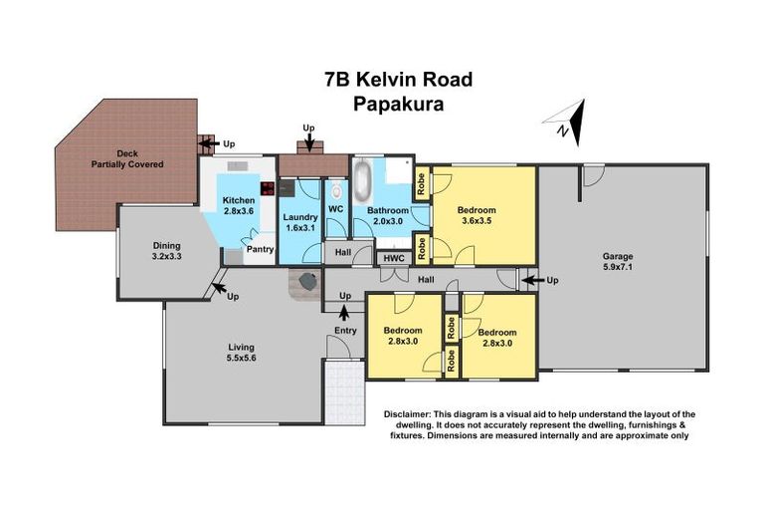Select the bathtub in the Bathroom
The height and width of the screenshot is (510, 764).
click(x=362, y=182)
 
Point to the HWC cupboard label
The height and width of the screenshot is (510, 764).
click(x=393, y=258)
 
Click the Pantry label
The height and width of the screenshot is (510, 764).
click(x=260, y=250)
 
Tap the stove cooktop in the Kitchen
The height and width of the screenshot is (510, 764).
click(x=266, y=187)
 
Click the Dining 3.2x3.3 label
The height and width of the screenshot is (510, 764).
click(x=166, y=251)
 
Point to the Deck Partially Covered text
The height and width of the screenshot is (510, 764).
click(x=126, y=159)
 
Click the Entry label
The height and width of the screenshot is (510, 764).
click(x=345, y=330)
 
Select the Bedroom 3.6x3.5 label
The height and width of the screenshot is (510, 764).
click(x=476, y=216)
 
